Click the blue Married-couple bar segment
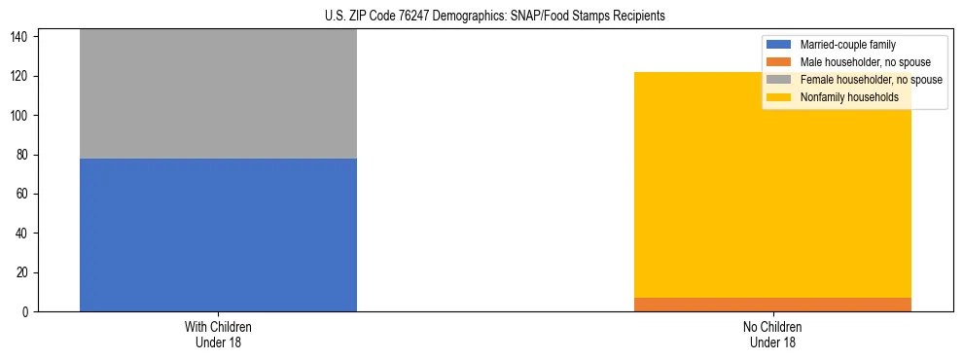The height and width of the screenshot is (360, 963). [218, 234]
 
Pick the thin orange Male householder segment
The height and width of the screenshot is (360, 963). [772, 305]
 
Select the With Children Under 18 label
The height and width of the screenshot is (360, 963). [218, 334]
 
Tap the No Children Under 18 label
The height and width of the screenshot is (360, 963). [772, 334]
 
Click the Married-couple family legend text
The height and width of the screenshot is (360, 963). [847, 45]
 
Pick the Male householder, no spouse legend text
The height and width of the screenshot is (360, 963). [858, 62]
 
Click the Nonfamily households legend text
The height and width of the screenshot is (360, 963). [849, 97]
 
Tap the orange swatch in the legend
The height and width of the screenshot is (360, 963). [779, 62]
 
